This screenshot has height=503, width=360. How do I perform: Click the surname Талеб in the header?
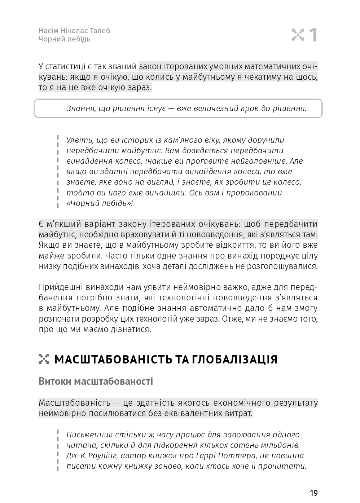point(100,31)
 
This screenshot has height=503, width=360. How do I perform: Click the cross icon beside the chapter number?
point(298,35)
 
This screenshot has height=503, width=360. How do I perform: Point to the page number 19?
point(313,493)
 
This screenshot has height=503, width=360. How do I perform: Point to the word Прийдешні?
point(61,287)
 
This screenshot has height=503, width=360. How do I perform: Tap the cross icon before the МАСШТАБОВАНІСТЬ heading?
point(44,359)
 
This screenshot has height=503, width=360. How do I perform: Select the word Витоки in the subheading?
point(54,381)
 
